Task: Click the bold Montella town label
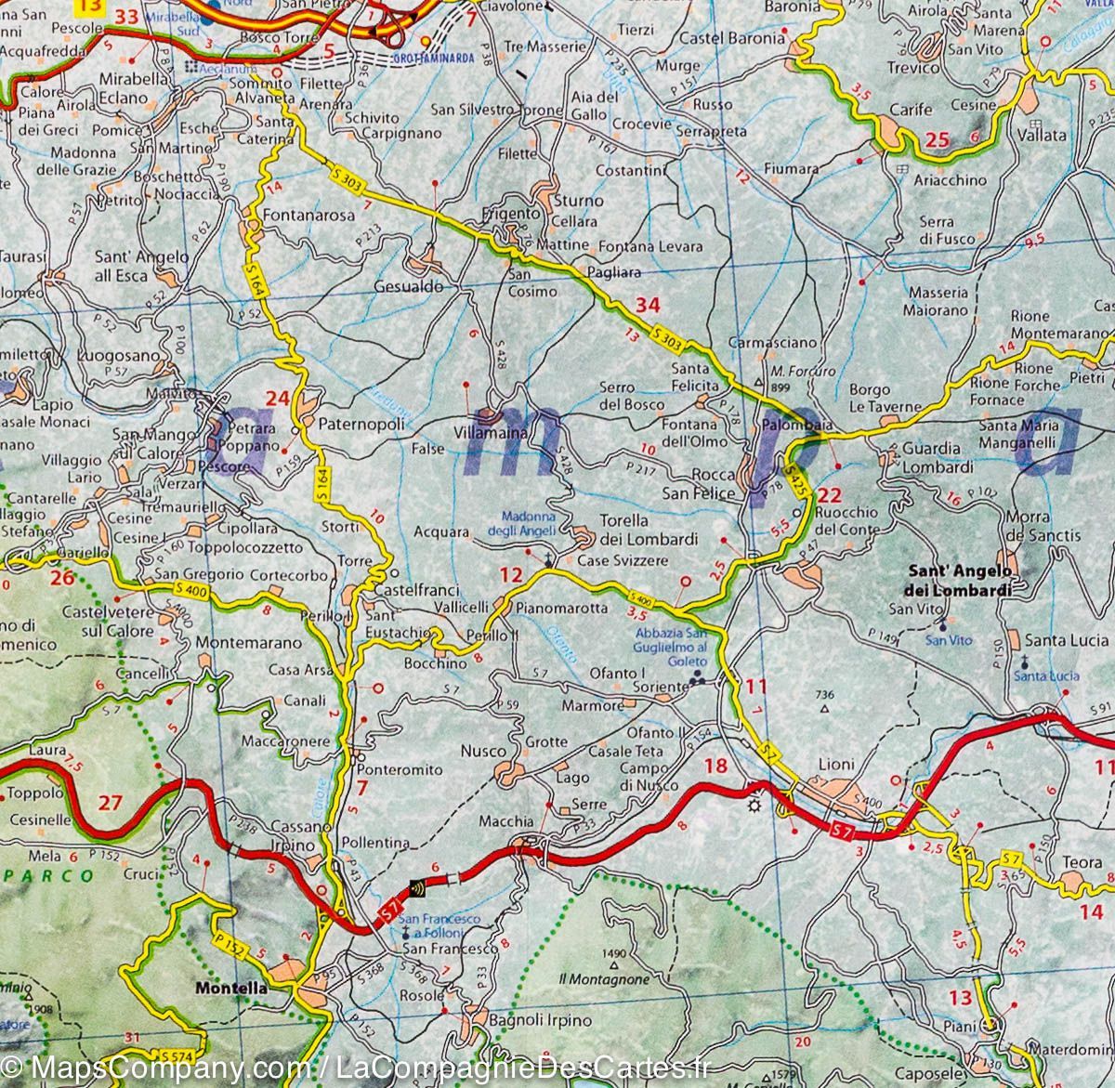(230, 989)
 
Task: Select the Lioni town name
(835, 764)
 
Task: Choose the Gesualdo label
(408, 287)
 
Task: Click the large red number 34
(647, 305)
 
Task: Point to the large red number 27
(110, 802)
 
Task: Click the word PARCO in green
(46, 875)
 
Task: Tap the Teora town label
(1082, 862)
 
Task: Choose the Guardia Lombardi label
(938, 458)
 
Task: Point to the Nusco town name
(484, 751)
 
